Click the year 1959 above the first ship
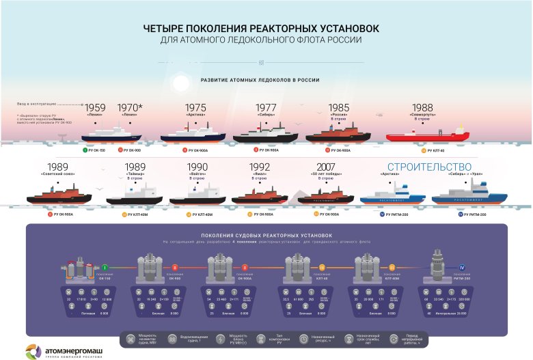(96, 108)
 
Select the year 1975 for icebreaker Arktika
(195, 108)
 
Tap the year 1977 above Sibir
(266, 108)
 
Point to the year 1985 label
(338, 108)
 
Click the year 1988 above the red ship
(423, 108)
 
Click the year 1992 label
(259, 167)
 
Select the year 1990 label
(198, 167)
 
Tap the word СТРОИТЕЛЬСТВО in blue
(430, 167)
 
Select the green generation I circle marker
(106, 266)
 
